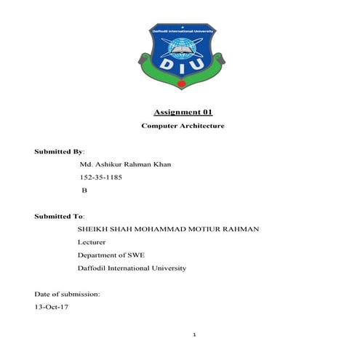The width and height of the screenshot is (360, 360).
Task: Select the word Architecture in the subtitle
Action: (199, 126)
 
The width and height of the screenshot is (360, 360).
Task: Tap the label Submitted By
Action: (59, 151)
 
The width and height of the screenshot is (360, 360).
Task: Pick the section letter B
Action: (84, 190)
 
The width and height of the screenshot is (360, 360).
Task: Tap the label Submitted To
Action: (59, 216)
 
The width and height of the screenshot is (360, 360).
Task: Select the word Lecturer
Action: (92, 242)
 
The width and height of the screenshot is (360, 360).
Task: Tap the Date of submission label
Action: (67, 295)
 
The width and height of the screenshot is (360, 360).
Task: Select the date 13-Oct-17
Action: (51, 308)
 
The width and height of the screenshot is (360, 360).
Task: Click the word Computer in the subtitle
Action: (156, 126)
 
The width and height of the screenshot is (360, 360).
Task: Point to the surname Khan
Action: (161, 164)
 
